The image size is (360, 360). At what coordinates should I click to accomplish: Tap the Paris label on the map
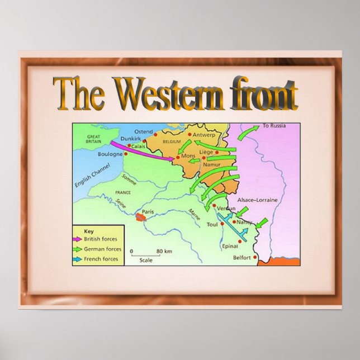coord(148,212)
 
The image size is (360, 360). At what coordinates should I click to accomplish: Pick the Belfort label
coord(242,258)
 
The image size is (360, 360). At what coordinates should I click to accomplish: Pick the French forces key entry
coord(101,259)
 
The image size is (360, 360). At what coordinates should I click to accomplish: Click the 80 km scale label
coord(163,251)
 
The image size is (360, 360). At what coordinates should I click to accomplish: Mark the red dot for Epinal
coord(240,241)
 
